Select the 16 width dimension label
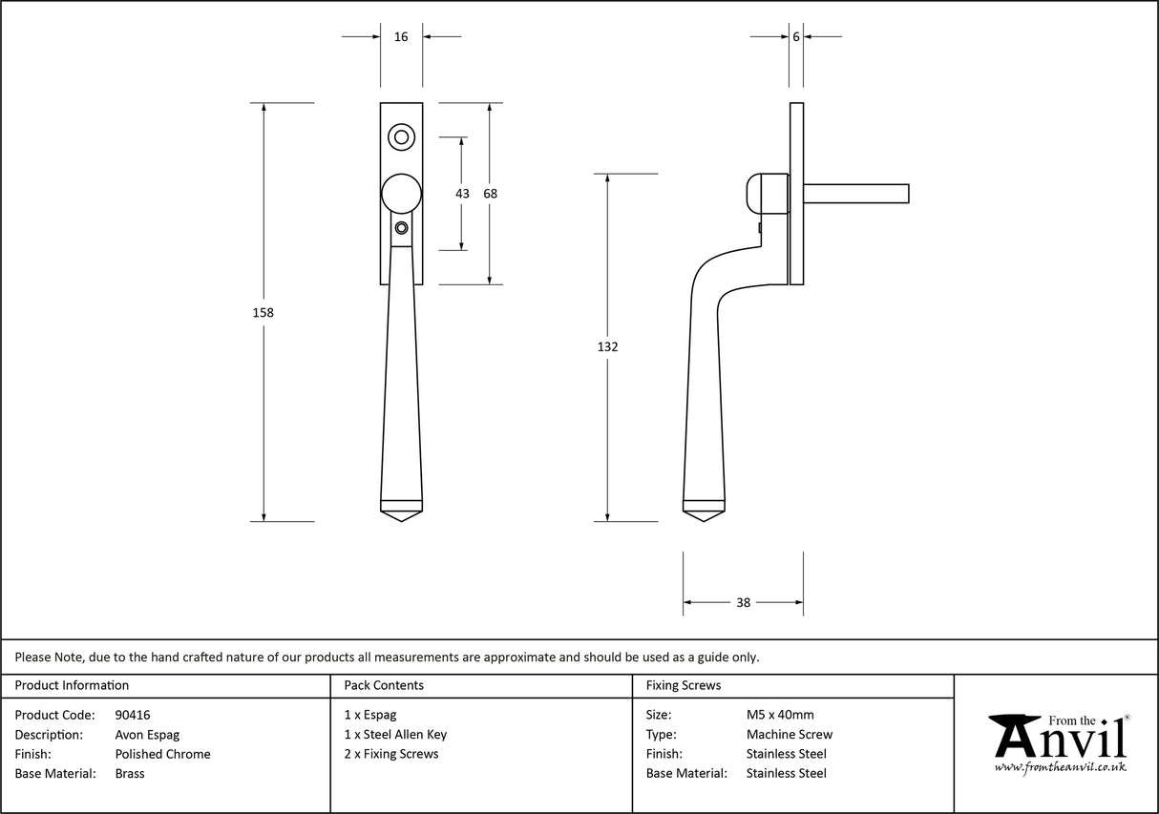401,37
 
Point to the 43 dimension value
462,194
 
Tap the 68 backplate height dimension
491,194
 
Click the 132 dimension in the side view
607,347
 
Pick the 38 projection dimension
744,602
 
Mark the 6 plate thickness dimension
796,37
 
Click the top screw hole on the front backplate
402,137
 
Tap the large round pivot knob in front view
402,193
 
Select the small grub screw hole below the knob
402,228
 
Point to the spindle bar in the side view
855,194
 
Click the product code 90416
133,715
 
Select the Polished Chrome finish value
162,754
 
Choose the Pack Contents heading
384,685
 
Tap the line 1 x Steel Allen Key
395,735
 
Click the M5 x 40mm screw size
780,715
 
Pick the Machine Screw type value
789,735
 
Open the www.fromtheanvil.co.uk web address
1060,766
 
